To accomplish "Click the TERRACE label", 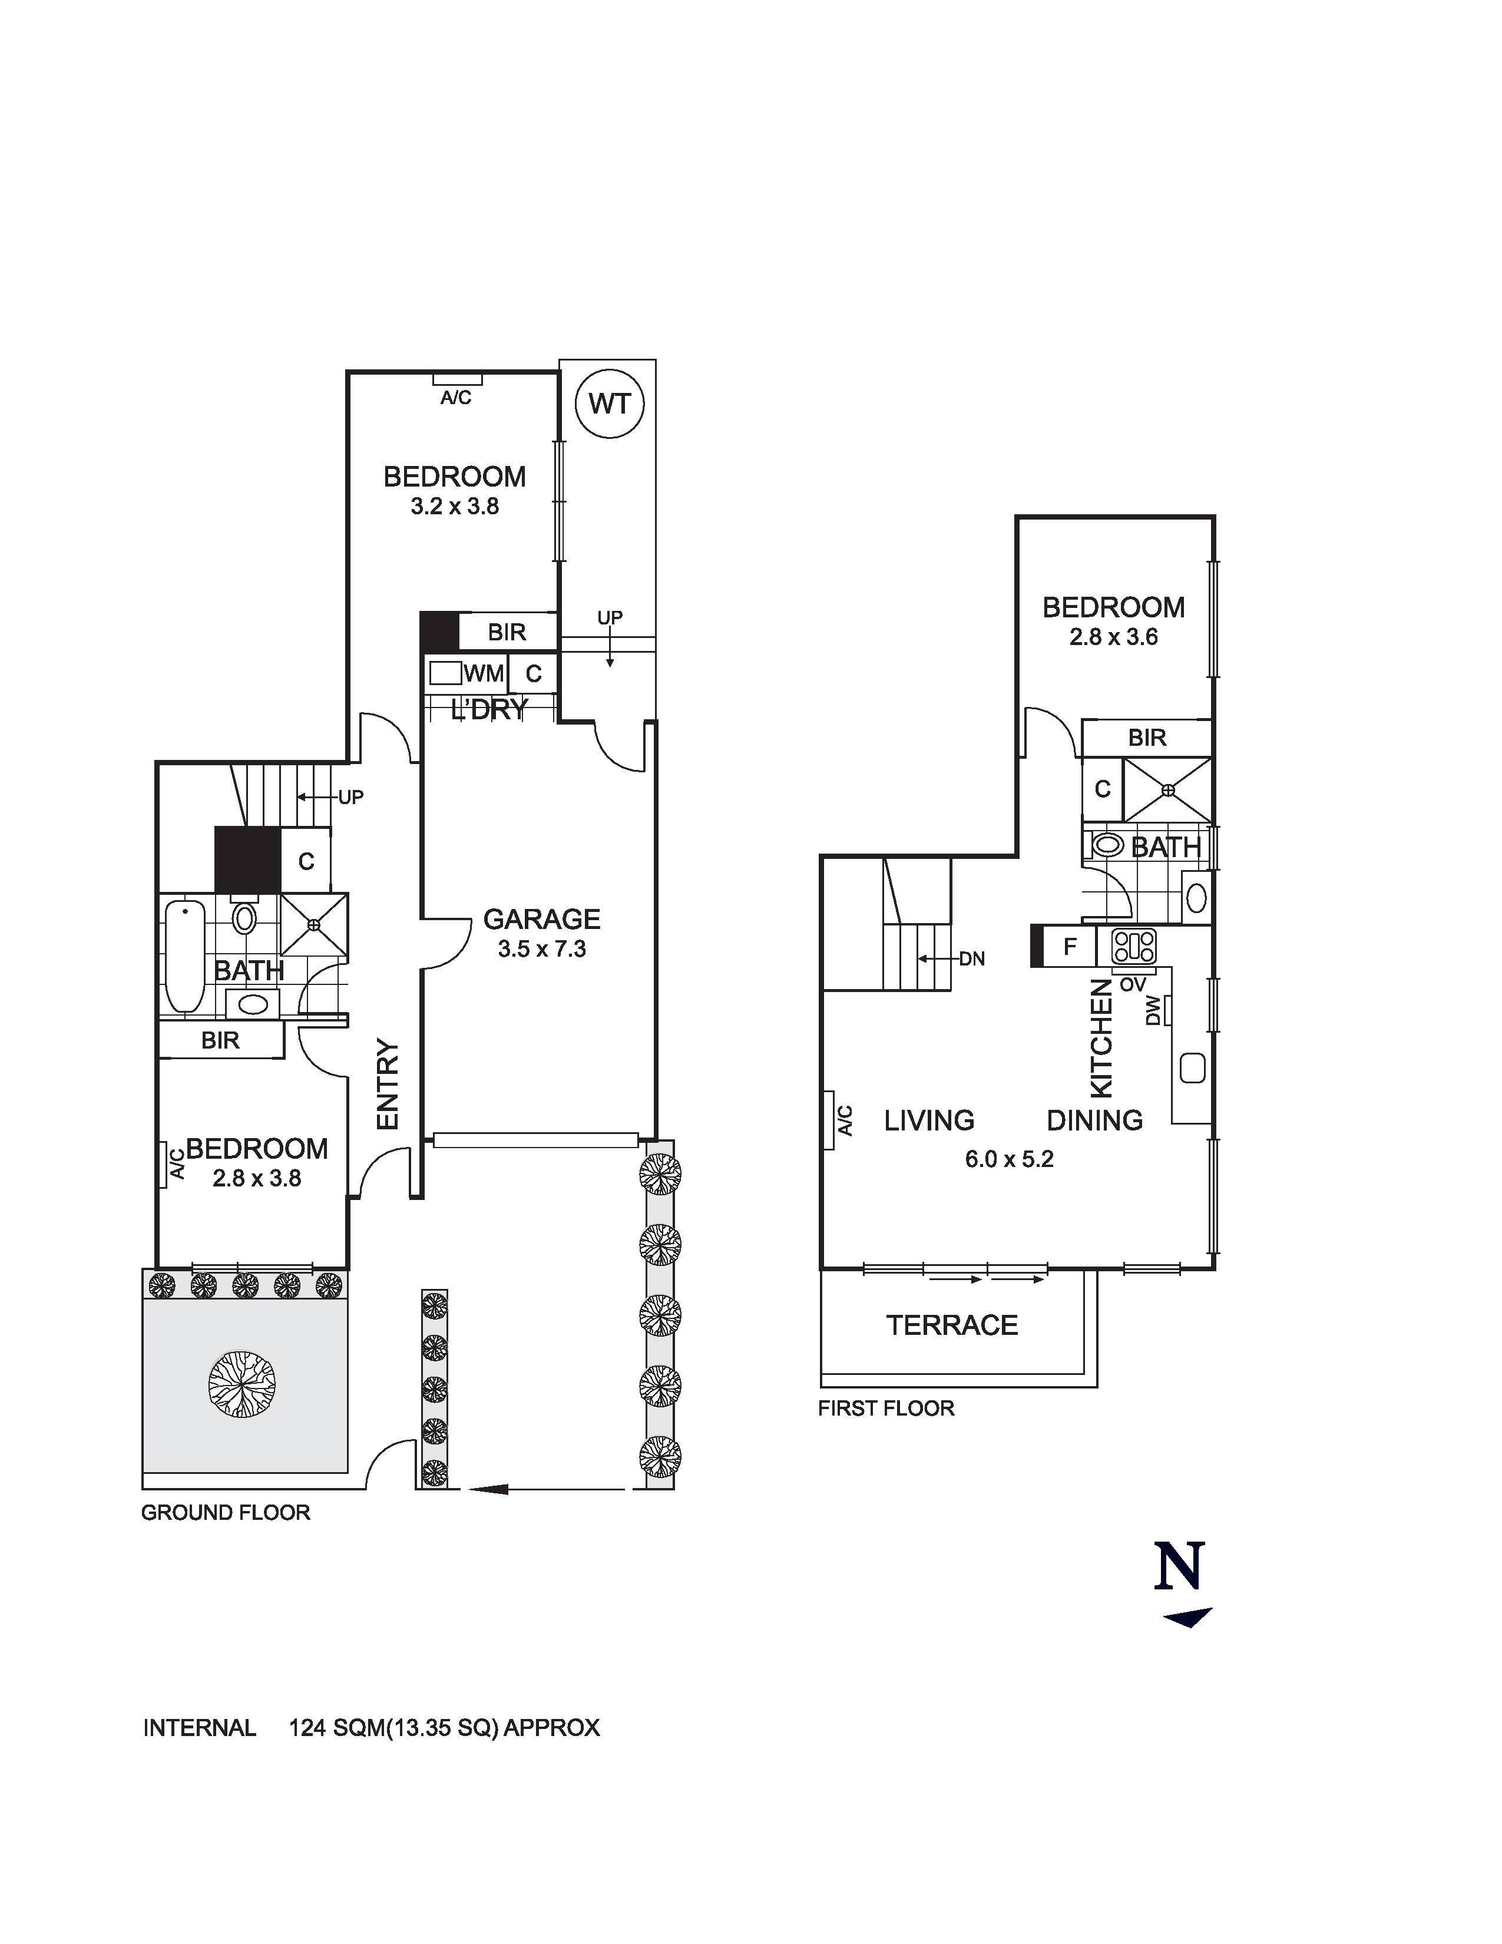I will [951, 1324].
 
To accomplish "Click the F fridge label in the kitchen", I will [1070, 945].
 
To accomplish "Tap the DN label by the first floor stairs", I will [972, 958].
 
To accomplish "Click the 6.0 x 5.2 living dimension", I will [1009, 1159].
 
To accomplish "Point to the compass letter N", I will [1180, 1566].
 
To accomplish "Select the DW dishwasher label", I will [1154, 1010].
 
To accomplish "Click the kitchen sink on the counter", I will [1192, 1067].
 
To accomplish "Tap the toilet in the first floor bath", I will [1106, 845].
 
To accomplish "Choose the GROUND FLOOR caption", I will [225, 1512].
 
